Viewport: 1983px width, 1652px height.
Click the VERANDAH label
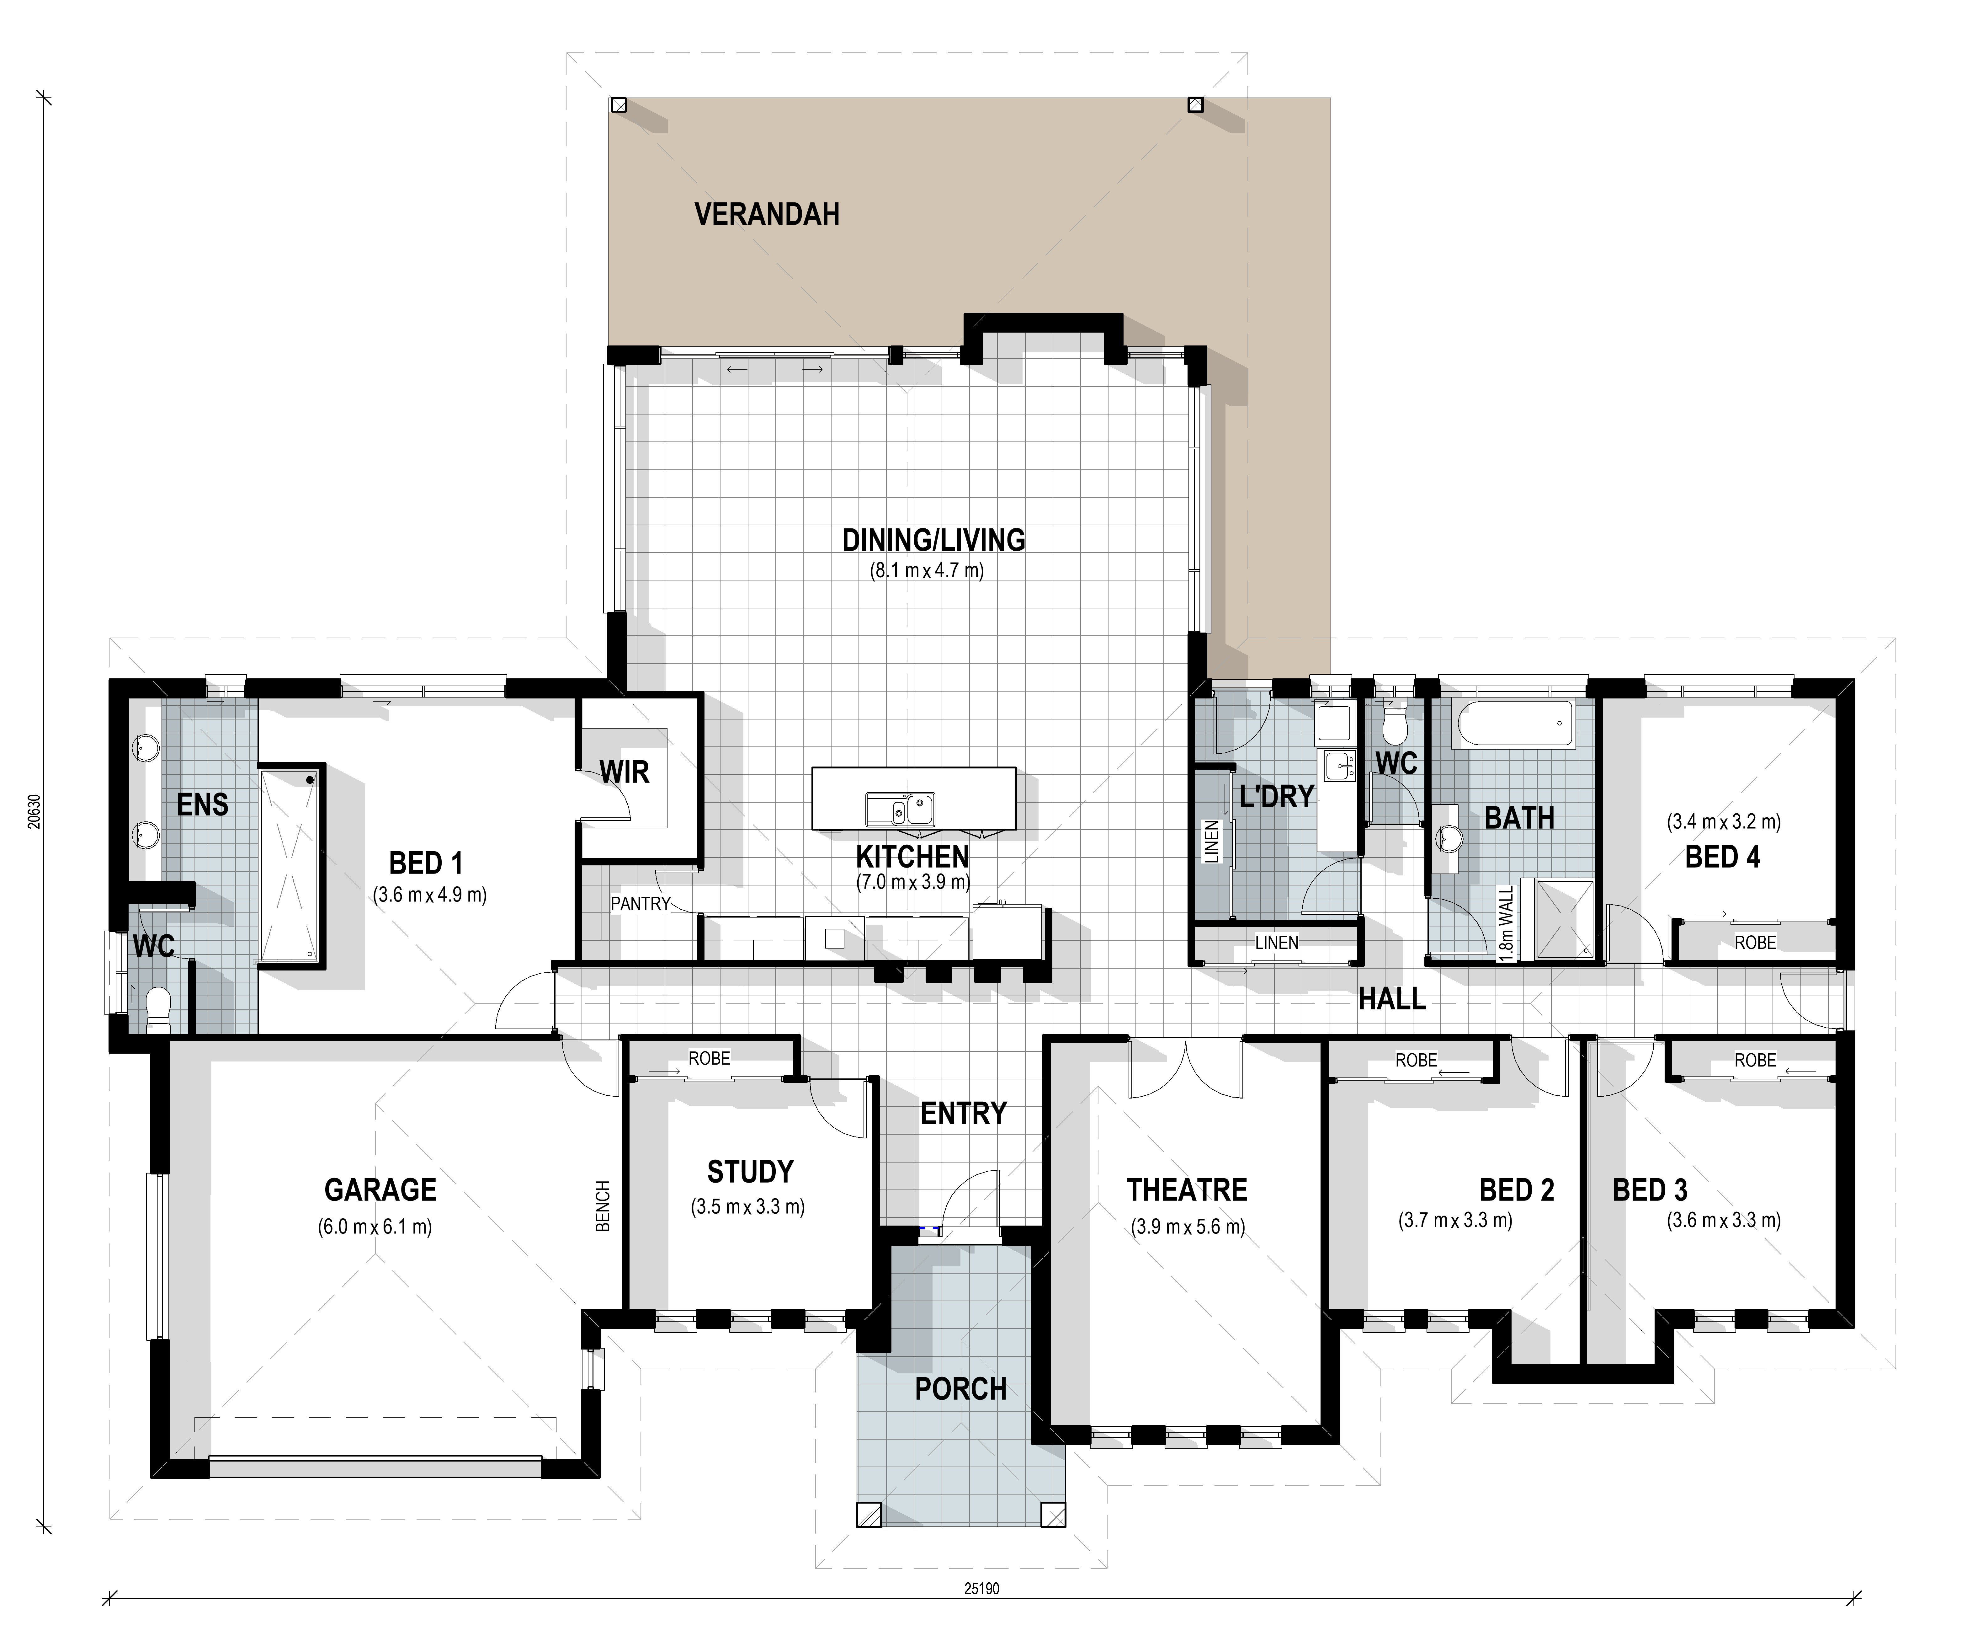click(x=767, y=214)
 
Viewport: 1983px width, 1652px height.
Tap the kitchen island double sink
click(x=900, y=810)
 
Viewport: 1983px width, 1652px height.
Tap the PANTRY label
click(x=640, y=904)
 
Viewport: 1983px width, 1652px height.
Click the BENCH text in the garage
click(x=603, y=1206)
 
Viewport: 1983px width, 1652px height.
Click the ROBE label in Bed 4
click(x=1754, y=943)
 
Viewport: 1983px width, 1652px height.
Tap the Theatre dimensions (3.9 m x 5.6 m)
click(x=1188, y=1227)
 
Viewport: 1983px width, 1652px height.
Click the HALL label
click(x=1392, y=999)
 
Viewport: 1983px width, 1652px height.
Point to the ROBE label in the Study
click(x=709, y=1059)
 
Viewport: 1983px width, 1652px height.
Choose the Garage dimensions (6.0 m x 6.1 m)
click(x=375, y=1227)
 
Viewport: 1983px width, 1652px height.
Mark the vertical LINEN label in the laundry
click(x=1211, y=842)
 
